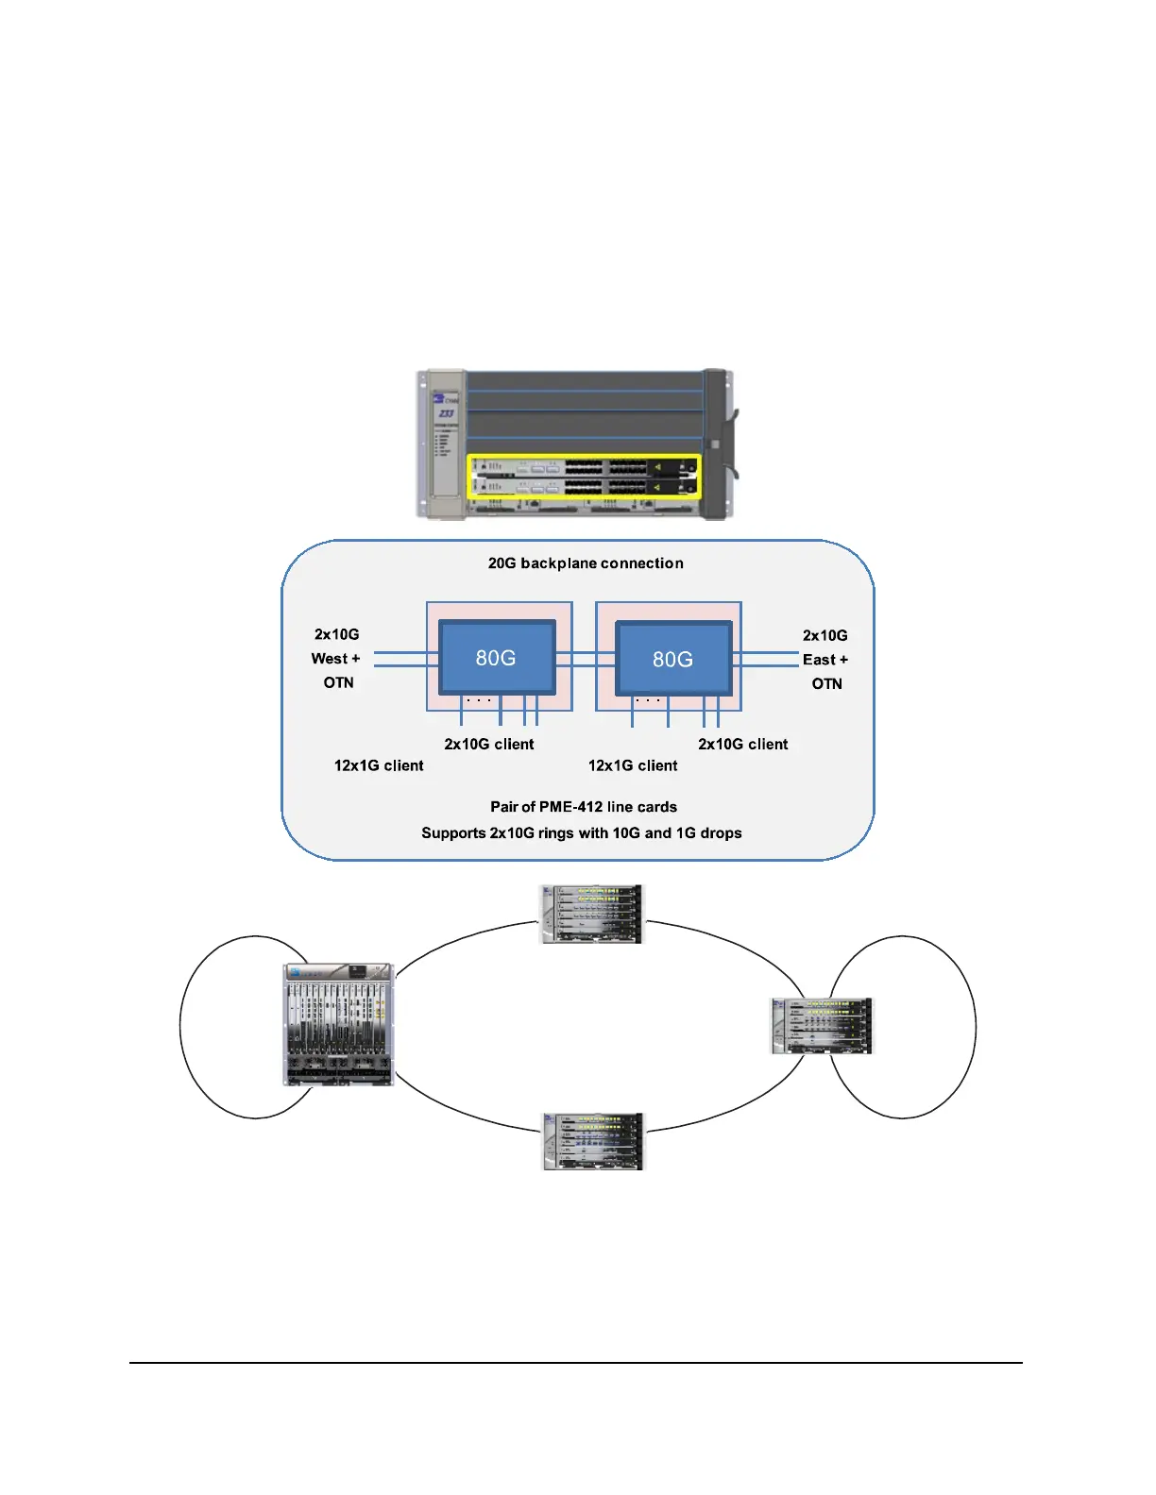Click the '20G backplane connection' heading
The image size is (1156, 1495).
pyautogui.click(x=586, y=563)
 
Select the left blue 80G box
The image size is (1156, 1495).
pyautogui.click(x=497, y=657)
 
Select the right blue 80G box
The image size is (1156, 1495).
pyautogui.click(x=672, y=659)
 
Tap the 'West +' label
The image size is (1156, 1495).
pyautogui.click(x=335, y=659)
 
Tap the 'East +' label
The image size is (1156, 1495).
pyautogui.click(x=825, y=660)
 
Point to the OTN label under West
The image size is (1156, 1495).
pyautogui.click(x=338, y=682)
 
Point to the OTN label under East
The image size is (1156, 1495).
pyautogui.click(x=826, y=683)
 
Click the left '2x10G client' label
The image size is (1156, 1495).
pyautogui.click(x=489, y=744)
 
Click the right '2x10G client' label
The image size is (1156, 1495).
pyautogui.click(x=743, y=744)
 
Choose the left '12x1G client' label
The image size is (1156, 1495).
pyautogui.click(x=379, y=765)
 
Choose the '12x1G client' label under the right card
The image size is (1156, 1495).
pyautogui.click(x=633, y=765)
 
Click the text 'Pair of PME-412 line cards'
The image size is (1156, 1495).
pyautogui.click(x=584, y=807)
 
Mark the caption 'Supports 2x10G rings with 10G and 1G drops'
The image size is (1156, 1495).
pyautogui.click(x=582, y=833)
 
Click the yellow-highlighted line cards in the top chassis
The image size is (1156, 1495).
pyautogui.click(x=585, y=477)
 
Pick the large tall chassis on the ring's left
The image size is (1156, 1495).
pyautogui.click(x=338, y=1024)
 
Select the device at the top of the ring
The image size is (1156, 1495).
pyautogui.click(x=591, y=914)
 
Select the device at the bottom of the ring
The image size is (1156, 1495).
pyautogui.click(x=592, y=1141)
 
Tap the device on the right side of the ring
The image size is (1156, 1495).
pyautogui.click(x=822, y=1026)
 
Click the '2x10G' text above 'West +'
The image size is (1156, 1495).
pyautogui.click(x=337, y=634)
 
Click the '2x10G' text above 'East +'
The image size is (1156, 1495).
pyautogui.click(x=825, y=635)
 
